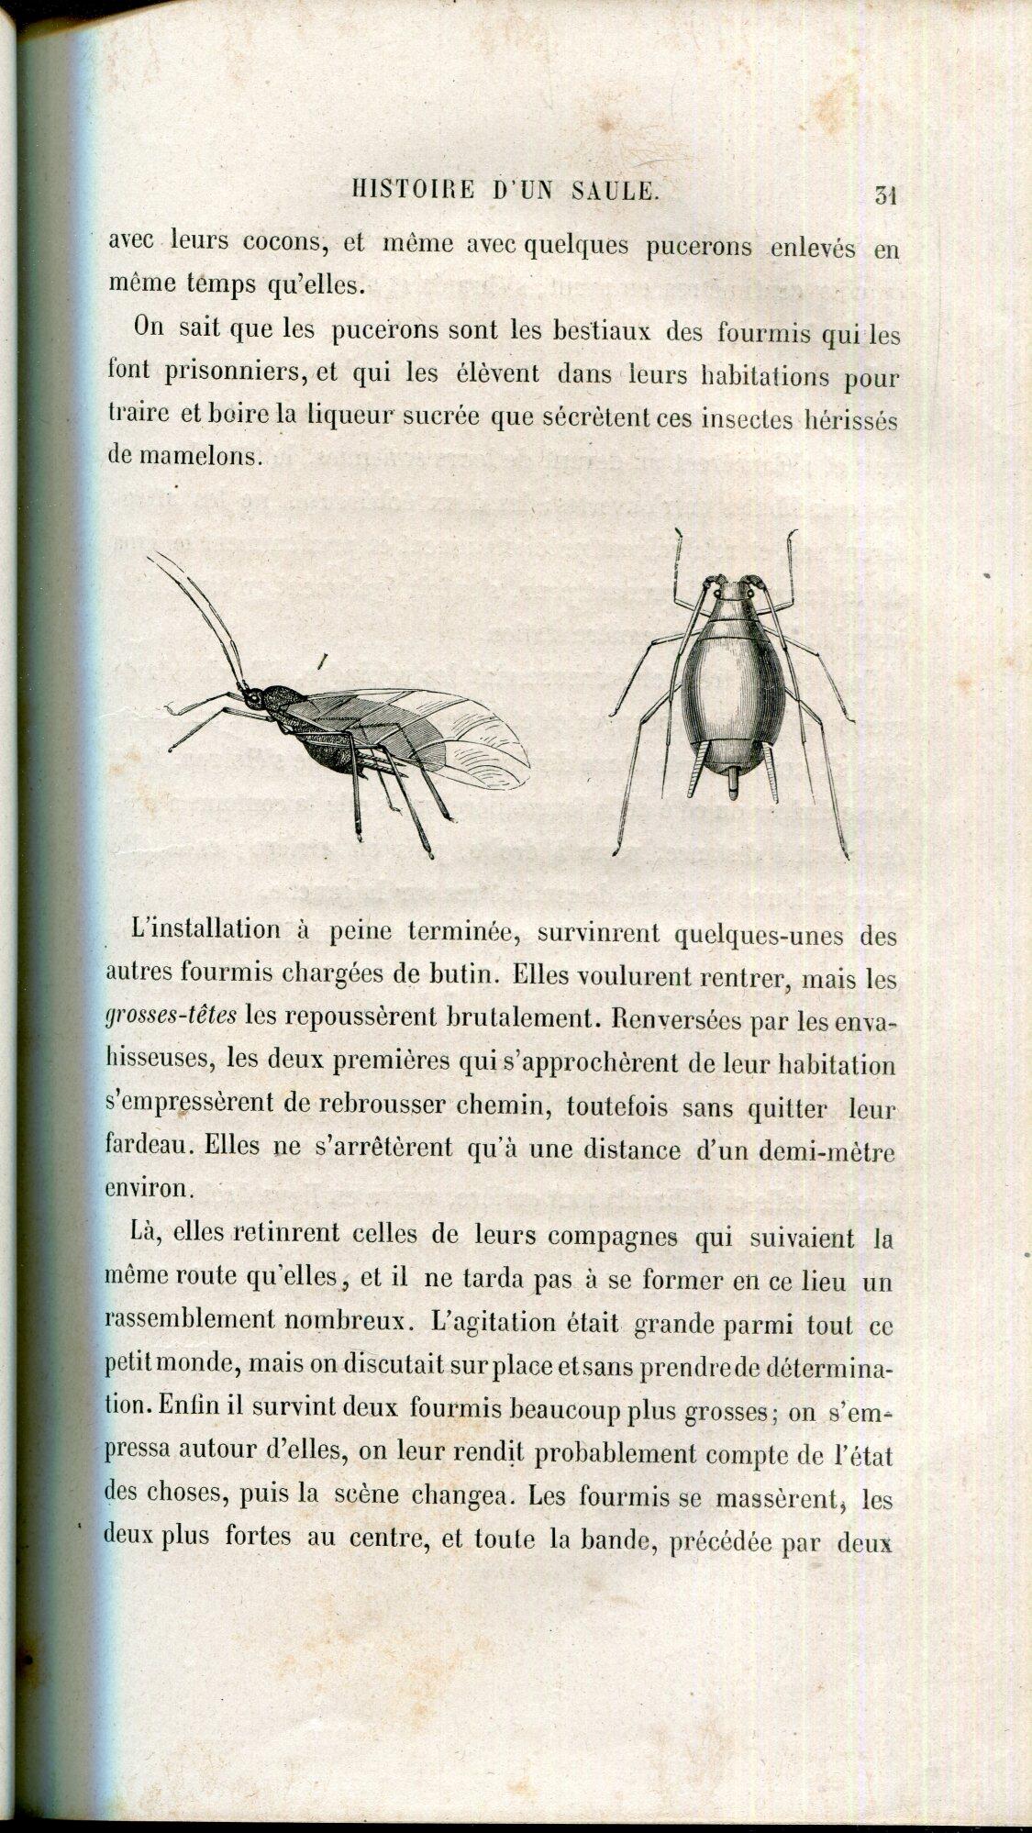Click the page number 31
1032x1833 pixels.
(885, 194)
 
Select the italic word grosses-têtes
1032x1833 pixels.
(172, 1015)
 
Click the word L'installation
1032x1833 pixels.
(206, 929)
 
